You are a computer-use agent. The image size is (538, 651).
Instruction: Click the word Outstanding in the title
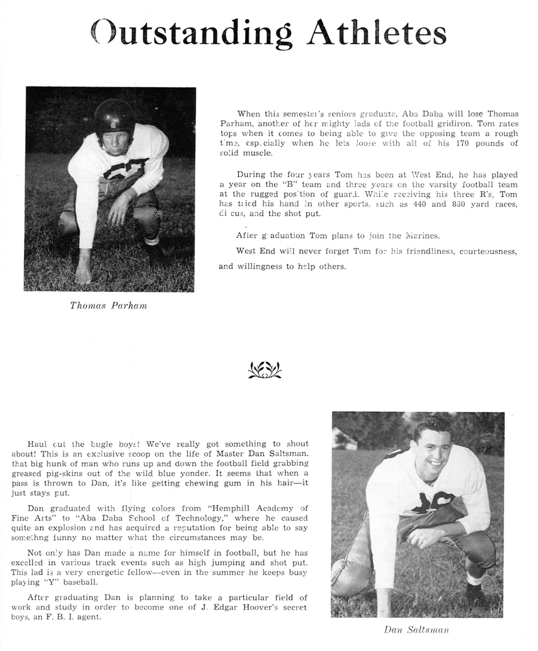click(x=194, y=33)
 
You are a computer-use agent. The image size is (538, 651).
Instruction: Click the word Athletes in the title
click(x=377, y=33)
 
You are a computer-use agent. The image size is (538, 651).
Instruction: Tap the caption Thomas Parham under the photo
click(x=108, y=305)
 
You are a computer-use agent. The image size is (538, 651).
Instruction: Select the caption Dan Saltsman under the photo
click(x=416, y=630)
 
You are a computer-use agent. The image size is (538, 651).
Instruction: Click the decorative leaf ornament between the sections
click(x=264, y=370)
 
